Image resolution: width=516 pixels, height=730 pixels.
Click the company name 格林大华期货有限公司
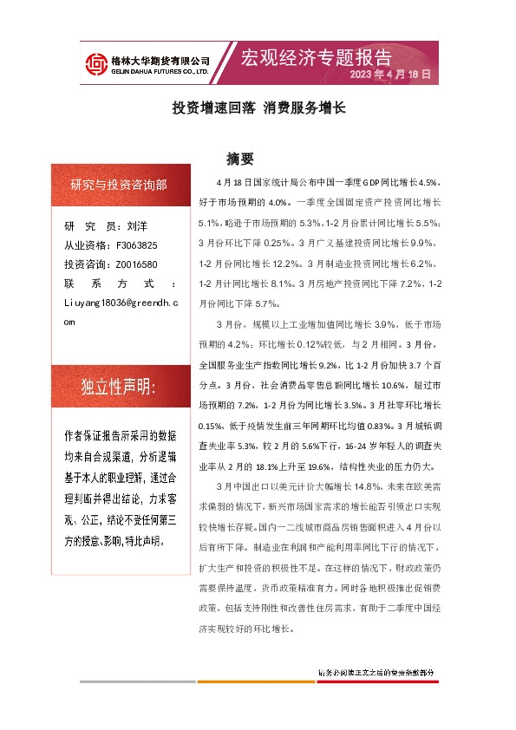point(160,60)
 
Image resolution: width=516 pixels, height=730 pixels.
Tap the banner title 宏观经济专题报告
point(316,58)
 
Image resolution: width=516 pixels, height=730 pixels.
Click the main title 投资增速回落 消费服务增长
point(258,108)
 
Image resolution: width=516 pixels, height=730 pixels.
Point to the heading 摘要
point(239,159)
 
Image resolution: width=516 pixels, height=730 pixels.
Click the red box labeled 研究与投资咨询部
point(119,185)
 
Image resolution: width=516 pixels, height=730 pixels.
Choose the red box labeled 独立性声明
point(119,387)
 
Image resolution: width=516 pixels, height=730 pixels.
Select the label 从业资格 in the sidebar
point(86,244)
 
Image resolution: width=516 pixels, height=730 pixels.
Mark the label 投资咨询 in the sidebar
point(86,264)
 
